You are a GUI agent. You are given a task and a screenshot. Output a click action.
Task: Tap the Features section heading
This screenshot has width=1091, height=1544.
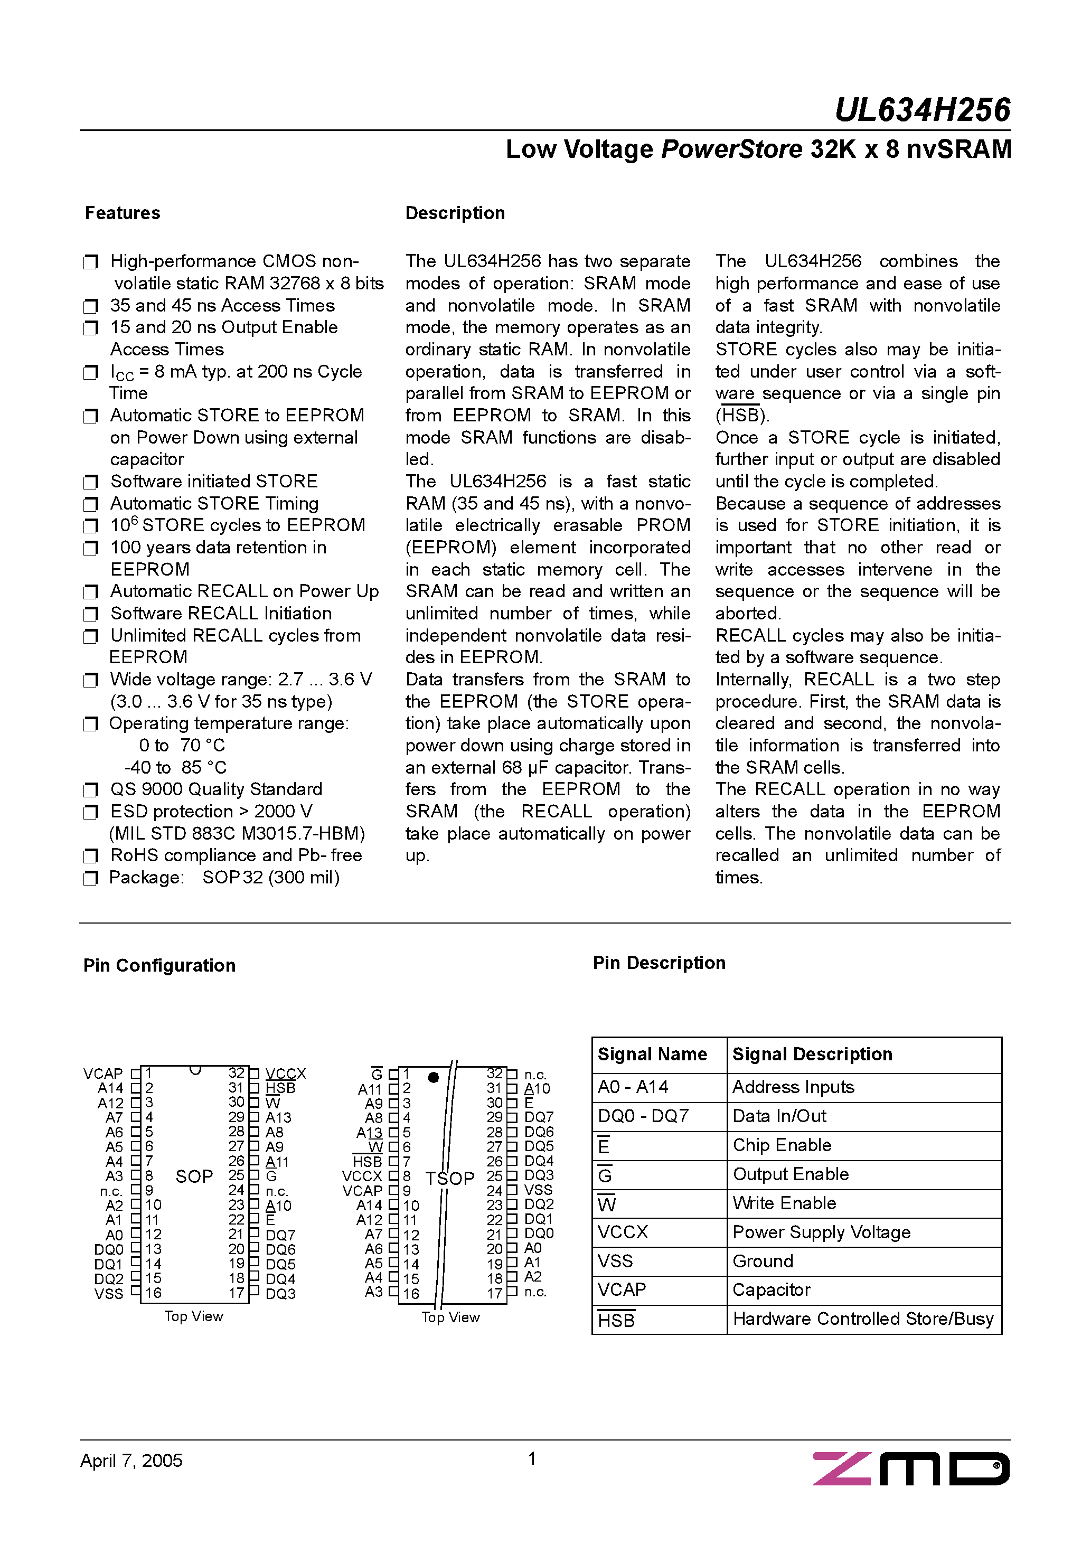tap(123, 213)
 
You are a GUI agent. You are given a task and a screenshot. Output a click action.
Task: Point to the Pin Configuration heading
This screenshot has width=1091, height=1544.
tap(159, 966)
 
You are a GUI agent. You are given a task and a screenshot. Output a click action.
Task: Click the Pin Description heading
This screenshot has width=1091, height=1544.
tap(659, 963)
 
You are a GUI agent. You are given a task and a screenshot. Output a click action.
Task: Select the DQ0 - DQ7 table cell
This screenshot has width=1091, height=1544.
tap(643, 1116)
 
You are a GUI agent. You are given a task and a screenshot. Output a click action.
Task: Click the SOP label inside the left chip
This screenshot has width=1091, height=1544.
tap(194, 1177)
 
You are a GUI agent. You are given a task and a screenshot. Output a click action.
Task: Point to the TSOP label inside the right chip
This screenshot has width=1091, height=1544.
tap(449, 1178)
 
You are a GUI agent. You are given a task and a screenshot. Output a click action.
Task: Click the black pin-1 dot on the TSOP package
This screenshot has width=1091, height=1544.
tap(433, 1078)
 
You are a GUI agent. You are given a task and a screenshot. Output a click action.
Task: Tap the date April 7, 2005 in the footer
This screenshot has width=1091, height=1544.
tap(131, 1461)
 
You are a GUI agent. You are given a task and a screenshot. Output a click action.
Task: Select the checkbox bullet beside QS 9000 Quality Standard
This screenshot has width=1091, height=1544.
tap(91, 790)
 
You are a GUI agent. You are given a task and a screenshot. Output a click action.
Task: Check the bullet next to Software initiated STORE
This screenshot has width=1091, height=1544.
tap(91, 482)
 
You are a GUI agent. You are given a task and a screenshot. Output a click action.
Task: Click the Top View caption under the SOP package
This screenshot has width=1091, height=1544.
tap(194, 1317)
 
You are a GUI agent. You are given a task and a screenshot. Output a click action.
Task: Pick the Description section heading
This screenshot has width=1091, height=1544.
tap(455, 213)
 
